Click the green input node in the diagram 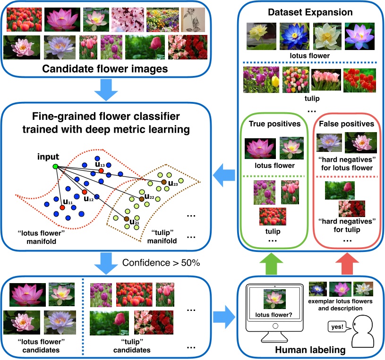(55, 166)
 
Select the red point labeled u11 (62, 207)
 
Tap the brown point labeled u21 (127, 219)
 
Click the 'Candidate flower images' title (105, 69)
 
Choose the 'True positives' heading (271, 124)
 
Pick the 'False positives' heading (346, 124)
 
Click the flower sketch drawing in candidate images (193, 20)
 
